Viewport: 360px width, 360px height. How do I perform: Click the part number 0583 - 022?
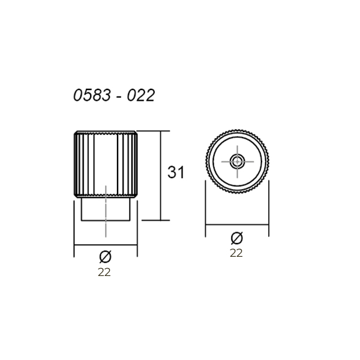pyautogui.click(x=114, y=95)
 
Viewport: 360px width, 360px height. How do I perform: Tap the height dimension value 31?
pyautogui.click(x=176, y=172)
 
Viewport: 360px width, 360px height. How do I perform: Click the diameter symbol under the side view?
pyautogui.click(x=106, y=257)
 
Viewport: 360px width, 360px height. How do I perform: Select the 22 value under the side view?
pyautogui.click(x=104, y=272)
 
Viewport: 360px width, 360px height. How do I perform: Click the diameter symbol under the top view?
pyautogui.click(x=237, y=238)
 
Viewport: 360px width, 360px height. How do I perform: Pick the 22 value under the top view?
pyautogui.click(x=236, y=253)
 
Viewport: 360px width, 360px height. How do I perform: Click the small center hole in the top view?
pyautogui.click(x=238, y=161)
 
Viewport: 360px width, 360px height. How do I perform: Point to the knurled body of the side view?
pyautogui.click(x=106, y=164)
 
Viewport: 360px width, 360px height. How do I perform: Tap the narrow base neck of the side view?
pyautogui.click(x=106, y=209)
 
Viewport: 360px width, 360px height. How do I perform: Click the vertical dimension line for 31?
pyautogui.click(x=161, y=176)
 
